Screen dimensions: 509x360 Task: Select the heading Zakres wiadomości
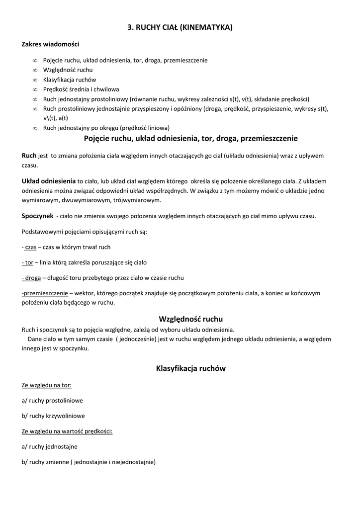(x=50, y=44)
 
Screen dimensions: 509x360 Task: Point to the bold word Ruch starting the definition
(x=29, y=156)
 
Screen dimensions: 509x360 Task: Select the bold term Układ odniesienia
(x=49, y=180)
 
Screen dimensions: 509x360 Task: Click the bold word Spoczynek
(x=37, y=216)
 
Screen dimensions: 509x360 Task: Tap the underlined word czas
(x=30, y=247)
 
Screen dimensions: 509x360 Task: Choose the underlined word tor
(x=29, y=262)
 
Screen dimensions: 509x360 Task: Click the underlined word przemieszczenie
(x=46, y=293)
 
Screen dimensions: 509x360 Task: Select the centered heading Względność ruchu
(x=190, y=319)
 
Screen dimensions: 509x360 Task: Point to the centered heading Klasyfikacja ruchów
(x=190, y=368)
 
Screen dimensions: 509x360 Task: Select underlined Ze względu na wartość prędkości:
(x=67, y=431)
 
